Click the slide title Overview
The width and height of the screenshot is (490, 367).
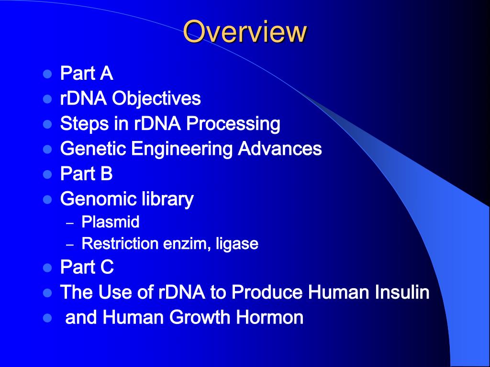[x=245, y=31]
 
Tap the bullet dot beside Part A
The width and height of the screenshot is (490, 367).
[x=47, y=74]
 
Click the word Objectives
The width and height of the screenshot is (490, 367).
[x=156, y=98]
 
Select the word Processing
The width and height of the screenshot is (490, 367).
[x=233, y=124]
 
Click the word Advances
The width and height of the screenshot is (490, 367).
[x=279, y=148]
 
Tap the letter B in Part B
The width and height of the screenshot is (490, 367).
[x=106, y=173]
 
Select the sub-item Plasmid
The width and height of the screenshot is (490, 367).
[x=111, y=222]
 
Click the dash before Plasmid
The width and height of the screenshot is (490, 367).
[x=70, y=224]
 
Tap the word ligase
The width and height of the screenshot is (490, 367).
[x=237, y=244]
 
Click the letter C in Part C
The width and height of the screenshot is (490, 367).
[x=107, y=267]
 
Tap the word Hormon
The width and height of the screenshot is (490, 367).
[x=270, y=317]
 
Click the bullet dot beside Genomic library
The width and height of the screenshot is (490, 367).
[x=47, y=199]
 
